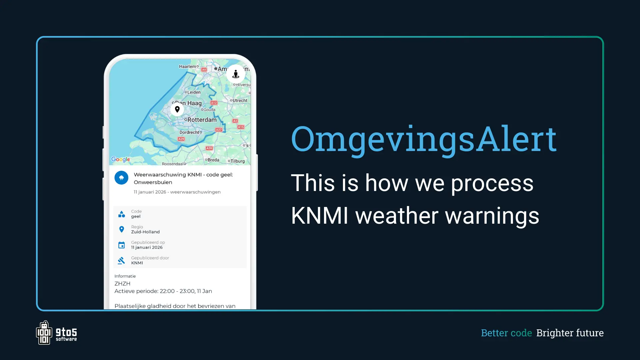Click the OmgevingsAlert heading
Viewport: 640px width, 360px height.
point(424,139)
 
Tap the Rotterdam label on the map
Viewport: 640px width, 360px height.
point(202,120)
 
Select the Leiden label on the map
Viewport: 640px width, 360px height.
point(194,92)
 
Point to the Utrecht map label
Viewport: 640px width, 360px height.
point(240,101)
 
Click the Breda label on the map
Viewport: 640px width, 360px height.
point(213,160)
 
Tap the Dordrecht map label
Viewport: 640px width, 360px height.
point(189,132)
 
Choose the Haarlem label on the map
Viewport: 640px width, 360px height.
point(188,67)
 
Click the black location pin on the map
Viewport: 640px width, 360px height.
point(177,109)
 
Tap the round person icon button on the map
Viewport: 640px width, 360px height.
point(236,74)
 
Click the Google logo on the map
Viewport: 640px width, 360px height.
point(120,159)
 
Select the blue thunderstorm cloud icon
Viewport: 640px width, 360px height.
point(121,178)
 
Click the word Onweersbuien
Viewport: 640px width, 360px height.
point(153,182)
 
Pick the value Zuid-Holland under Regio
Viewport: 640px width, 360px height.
point(145,232)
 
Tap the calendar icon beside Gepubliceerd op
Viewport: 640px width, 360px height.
point(122,245)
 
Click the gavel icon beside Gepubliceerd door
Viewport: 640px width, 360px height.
point(122,260)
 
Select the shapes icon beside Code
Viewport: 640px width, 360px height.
point(122,214)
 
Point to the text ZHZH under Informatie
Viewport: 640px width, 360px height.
point(122,284)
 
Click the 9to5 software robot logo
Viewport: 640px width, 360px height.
point(44,333)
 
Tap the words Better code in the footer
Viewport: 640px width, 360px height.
point(506,333)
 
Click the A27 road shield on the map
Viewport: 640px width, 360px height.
point(219,130)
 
